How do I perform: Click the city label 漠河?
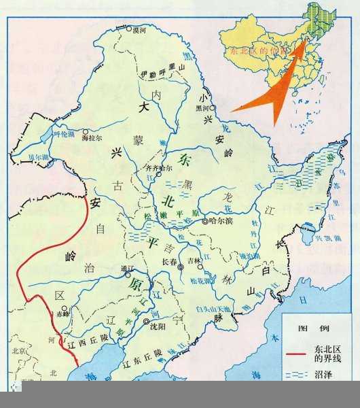(139, 31)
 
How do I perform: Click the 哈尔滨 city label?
(222, 222)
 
